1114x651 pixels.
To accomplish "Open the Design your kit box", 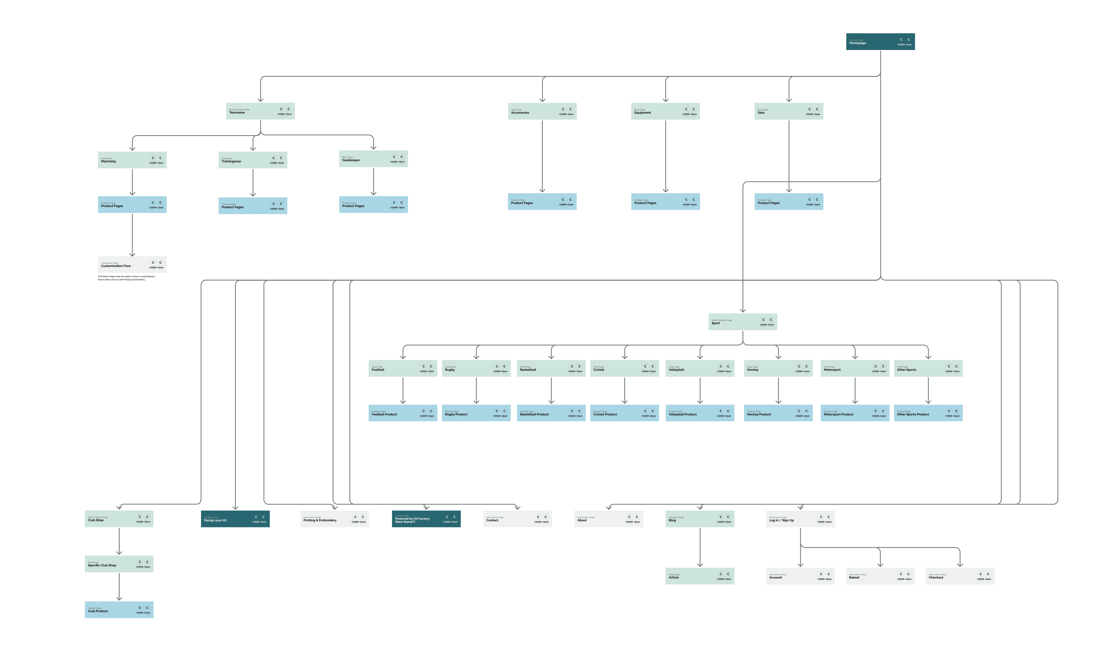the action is pyautogui.click(x=235, y=519).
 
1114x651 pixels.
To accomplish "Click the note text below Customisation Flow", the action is pyautogui.click(x=126, y=278).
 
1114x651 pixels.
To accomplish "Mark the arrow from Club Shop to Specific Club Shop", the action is pyautogui.click(x=119, y=541).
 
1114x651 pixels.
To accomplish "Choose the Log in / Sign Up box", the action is pyautogui.click(x=800, y=519).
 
